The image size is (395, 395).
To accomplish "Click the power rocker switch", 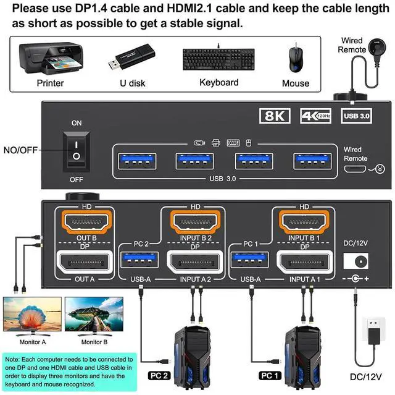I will [x=76, y=149].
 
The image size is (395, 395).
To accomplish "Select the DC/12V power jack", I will [x=356, y=260].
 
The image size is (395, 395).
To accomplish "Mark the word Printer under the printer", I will [x=50, y=83].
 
